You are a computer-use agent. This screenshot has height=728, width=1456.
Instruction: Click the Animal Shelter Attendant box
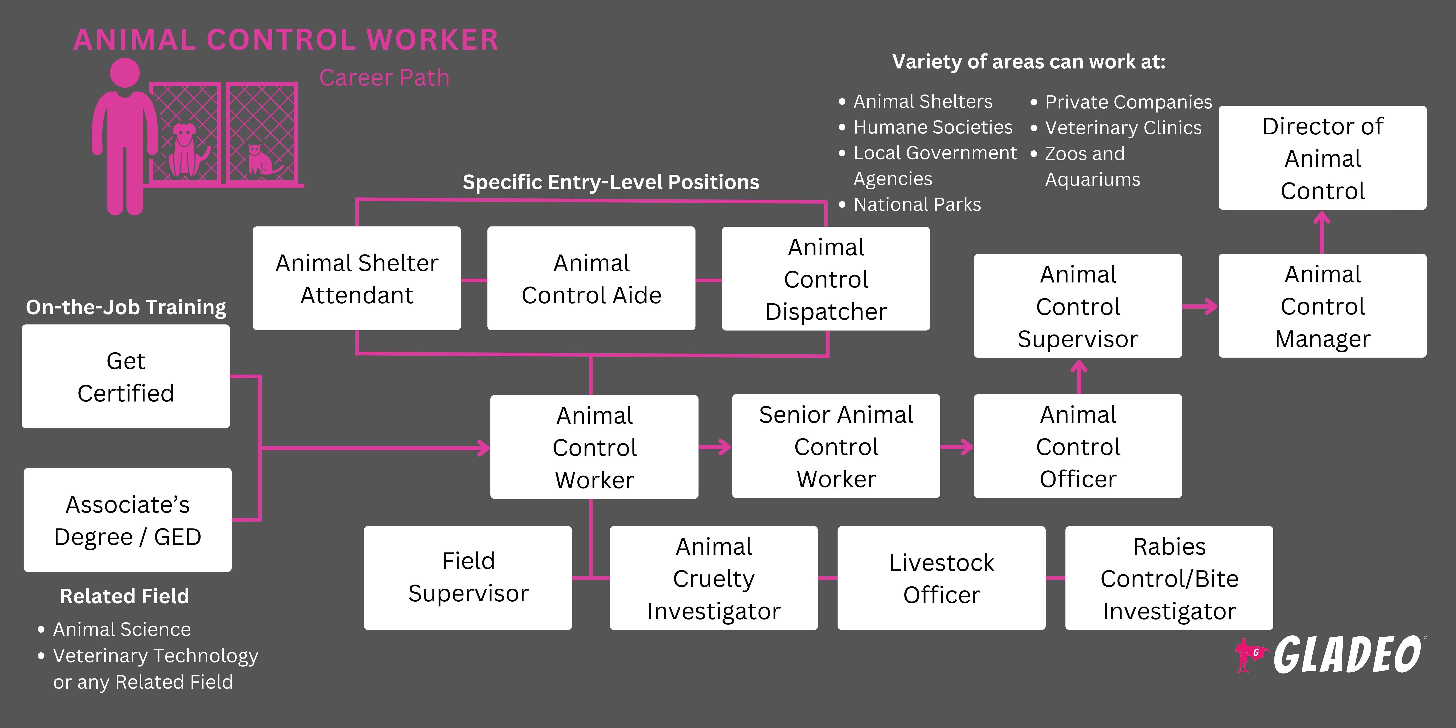[x=357, y=279]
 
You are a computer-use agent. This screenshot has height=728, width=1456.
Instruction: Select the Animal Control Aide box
[x=591, y=279]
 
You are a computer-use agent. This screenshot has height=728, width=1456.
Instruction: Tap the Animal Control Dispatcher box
[x=826, y=279]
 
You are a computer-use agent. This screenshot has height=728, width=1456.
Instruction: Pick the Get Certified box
[x=126, y=376]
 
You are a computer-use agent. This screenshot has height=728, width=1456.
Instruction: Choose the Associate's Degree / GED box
[x=127, y=520]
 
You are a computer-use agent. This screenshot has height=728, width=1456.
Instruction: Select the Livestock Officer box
[x=941, y=578]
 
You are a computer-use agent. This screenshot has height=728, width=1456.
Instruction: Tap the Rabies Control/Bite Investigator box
[x=1169, y=578]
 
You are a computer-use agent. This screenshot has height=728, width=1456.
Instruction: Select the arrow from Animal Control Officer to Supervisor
[x=1079, y=376]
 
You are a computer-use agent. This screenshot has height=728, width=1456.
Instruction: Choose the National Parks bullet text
[x=917, y=205]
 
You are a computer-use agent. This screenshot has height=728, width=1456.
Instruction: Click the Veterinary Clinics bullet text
[x=1123, y=128]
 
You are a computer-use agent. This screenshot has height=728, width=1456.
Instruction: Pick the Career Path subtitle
[x=384, y=78]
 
